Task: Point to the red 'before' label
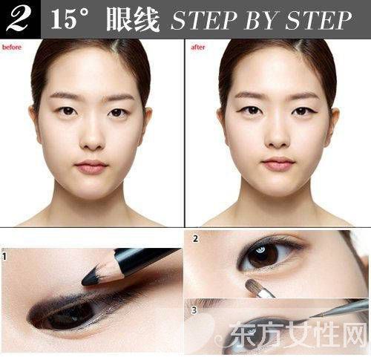12,46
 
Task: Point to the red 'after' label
197,46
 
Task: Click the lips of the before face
92,166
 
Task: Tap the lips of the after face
278,163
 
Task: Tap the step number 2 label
195,239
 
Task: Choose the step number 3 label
194,310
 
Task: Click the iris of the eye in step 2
263,255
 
